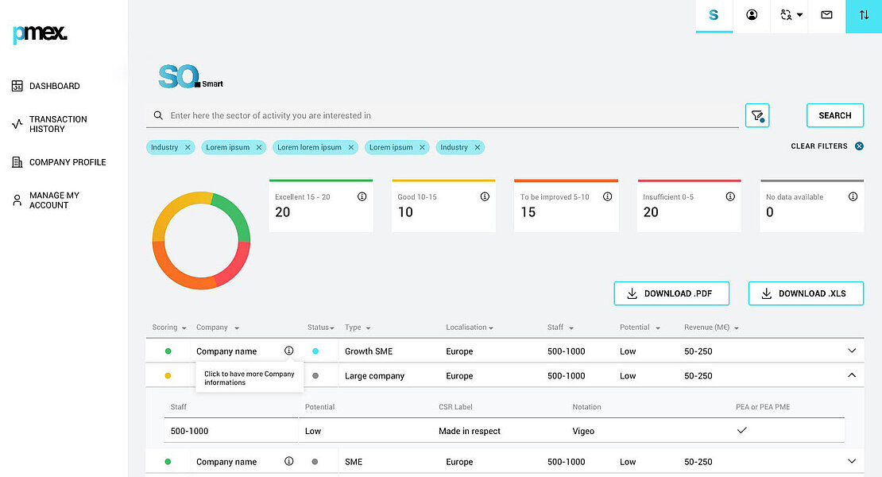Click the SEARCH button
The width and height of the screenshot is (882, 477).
(x=834, y=115)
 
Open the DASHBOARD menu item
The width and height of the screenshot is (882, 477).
(x=54, y=86)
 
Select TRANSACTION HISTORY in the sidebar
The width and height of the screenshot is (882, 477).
(x=58, y=124)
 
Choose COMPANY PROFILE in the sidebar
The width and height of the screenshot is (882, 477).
(x=68, y=162)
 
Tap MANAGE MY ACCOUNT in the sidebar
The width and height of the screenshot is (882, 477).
(x=54, y=200)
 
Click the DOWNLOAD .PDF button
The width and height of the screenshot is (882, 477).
(x=671, y=293)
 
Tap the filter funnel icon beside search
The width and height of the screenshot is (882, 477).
(x=757, y=116)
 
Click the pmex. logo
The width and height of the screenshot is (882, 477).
(x=40, y=33)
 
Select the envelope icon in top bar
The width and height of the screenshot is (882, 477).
(x=826, y=15)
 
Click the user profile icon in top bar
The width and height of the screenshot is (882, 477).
(x=752, y=15)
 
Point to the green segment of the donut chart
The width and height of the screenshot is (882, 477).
(x=234, y=215)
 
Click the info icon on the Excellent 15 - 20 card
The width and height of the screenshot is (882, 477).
(x=362, y=196)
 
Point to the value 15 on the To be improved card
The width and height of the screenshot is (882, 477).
(x=528, y=212)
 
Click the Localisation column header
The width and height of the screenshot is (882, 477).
(x=470, y=328)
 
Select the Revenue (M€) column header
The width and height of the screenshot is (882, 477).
(x=711, y=328)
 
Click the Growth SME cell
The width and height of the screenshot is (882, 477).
(x=369, y=351)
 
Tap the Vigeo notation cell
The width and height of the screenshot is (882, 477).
(x=583, y=431)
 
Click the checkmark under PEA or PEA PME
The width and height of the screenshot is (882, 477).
(x=742, y=430)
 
